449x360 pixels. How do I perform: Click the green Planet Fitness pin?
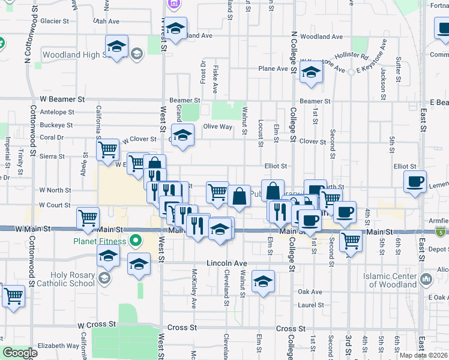[x=136, y=242]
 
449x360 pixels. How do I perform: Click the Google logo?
[x=20, y=353]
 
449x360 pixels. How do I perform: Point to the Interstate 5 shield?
[x=442, y=232]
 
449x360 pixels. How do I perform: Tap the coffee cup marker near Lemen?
[x=415, y=181]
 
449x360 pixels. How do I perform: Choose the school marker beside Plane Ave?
[x=311, y=73]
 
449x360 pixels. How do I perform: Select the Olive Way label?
[x=217, y=127]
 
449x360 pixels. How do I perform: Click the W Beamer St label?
[x=62, y=98]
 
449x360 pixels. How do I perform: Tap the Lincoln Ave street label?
[x=227, y=263]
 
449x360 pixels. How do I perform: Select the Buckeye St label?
[x=56, y=126]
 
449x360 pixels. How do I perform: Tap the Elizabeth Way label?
[x=58, y=346]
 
